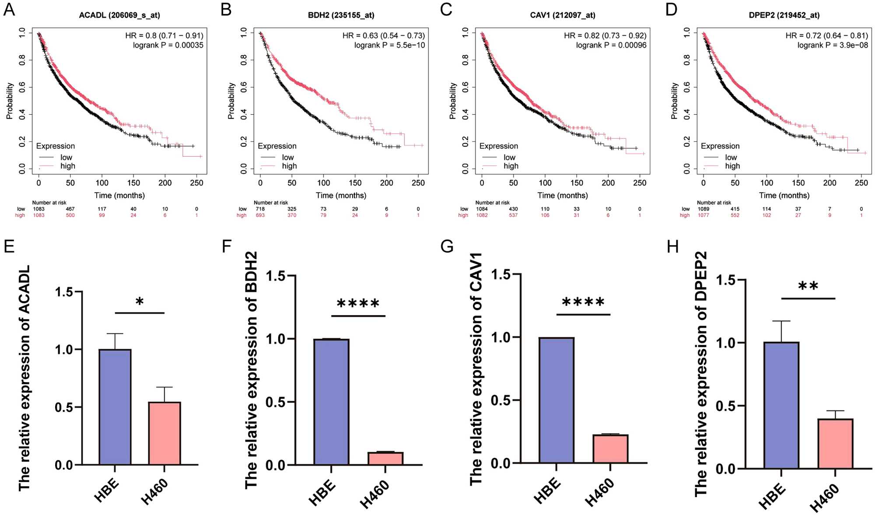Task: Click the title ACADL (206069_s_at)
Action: pyautogui.click(x=119, y=15)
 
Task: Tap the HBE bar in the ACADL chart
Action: pyautogui.click(x=115, y=407)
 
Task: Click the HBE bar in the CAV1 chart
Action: pyautogui.click(x=556, y=400)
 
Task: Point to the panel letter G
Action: pyautogui.click(x=447, y=247)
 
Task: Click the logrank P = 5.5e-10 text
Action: pyautogui.click(x=389, y=45)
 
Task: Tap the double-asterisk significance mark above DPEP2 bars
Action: pyautogui.click(x=808, y=287)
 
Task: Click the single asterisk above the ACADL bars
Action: pyautogui.click(x=140, y=302)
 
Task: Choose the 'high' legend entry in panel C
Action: pyautogui.click(x=511, y=166)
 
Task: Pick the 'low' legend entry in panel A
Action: pyautogui.click(x=66, y=157)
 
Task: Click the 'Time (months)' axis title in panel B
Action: pyautogui.click(x=341, y=195)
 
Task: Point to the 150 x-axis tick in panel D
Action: pyautogui.click(x=798, y=183)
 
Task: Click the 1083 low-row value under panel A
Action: pyautogui.click(x=38, y=209)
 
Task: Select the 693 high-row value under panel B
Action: pyautogui.click(x=260, y=215)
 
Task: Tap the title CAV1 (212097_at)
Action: pyautogui.click(x=563, y=15)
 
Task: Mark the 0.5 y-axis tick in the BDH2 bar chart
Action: pyautogui.click(x=276, y=402)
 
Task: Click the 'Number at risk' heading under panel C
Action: pyautogui.click(x=492, y=203)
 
